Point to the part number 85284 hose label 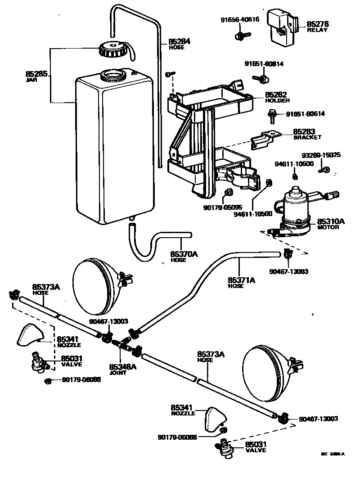[x=180, y=41]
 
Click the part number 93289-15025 [x=321, y=155]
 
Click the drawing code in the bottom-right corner [x=333, y=454]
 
